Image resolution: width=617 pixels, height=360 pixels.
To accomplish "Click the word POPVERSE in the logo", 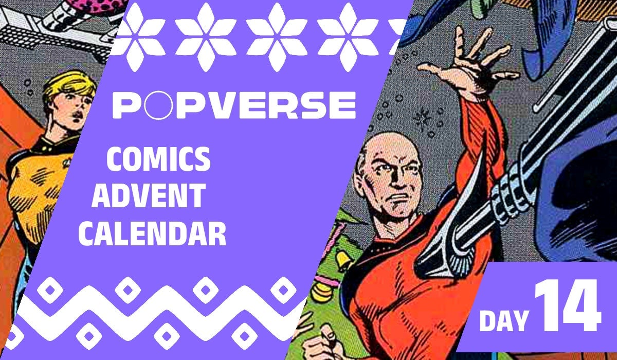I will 234,105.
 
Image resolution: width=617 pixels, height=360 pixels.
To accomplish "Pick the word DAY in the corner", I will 503,320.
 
